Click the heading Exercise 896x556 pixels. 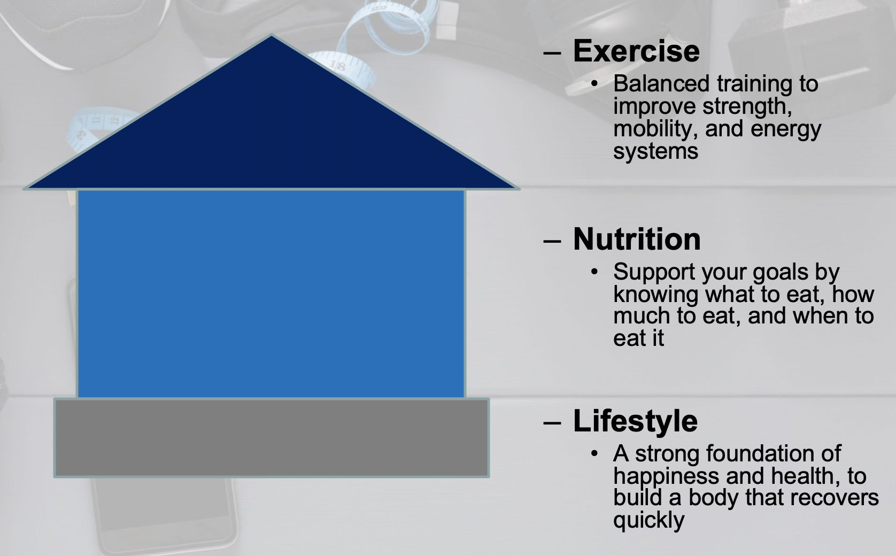(x=636, y=51)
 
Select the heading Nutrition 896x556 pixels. (x=637, y=239)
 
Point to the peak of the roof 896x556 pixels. (x=272, y=35)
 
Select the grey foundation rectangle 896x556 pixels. (x=272, y=438)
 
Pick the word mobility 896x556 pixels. (x=655, y=129)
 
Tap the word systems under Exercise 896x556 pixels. (x=656, y=152)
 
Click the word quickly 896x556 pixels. (x=649, y=521)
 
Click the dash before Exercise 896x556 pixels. (x=552, y=52)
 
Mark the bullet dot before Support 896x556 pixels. (x=594, y=272)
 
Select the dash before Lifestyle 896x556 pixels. (x=552, y=422)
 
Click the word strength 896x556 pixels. (x=747, y=106)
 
